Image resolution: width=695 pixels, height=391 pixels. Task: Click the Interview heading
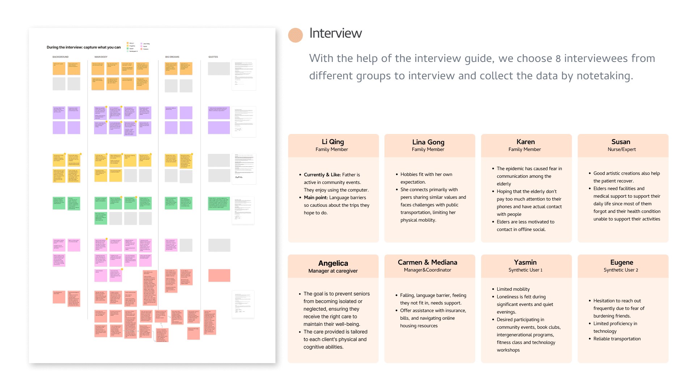(335, 33)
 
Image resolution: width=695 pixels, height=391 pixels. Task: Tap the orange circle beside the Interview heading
(295, 35)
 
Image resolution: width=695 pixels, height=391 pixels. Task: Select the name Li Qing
(333, 142)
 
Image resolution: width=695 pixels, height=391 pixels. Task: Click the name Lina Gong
(428, 142)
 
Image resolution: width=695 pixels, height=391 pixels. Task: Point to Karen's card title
(525, 142)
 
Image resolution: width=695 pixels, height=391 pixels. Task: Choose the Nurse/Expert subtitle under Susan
(622, 150)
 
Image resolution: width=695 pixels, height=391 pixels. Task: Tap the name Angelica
(333, 263)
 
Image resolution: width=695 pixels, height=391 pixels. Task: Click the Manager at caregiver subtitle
(333, 271)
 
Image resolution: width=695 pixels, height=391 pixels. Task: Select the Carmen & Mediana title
(427, 262)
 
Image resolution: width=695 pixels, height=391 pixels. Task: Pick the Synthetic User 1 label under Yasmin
(525, 270)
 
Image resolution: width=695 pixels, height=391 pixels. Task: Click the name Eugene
(622, 262)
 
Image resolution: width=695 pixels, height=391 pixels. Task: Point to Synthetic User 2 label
(621, 270)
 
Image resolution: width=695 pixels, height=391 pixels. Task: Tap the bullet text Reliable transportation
(617, 339)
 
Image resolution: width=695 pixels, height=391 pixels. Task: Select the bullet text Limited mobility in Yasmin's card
(513, 289)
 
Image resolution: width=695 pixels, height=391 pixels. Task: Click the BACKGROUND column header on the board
(60, 57)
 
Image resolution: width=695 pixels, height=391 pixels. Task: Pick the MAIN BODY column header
(101, 57)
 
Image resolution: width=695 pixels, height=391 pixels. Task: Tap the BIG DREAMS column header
(172, 57)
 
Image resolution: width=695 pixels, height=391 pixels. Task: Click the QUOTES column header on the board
(213, 57)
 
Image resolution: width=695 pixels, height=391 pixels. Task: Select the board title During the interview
(84, 47)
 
